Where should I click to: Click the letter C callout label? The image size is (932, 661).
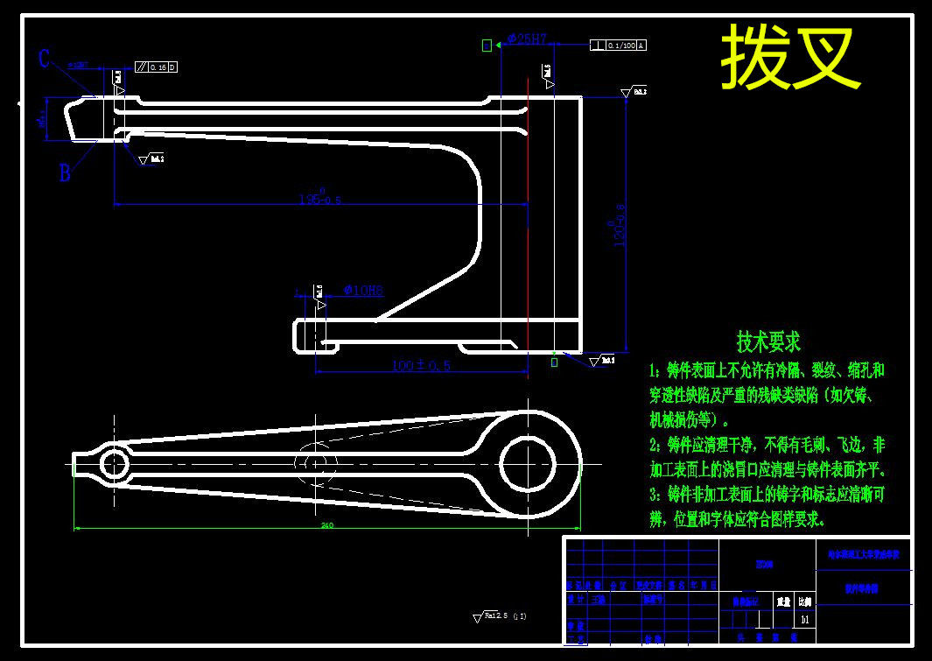(45, 60)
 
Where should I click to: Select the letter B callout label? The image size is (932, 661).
(64, 173)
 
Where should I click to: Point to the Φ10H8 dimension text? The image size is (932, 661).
(363, 291)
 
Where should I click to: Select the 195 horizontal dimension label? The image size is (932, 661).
(319, 200)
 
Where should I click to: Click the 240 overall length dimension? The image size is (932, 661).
(327, 525)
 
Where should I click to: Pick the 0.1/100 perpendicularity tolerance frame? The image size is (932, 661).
(619, 46)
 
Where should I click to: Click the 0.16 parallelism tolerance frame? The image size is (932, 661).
(157, 67)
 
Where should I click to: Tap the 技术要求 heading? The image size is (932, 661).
(768, 341)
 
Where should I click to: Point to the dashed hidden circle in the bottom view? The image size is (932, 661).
(314, 461)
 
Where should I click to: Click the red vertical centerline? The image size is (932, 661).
(529, 219)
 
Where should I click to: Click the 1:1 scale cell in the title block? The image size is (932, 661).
(805, 619)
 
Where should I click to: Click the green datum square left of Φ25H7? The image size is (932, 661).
(487, 46)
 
